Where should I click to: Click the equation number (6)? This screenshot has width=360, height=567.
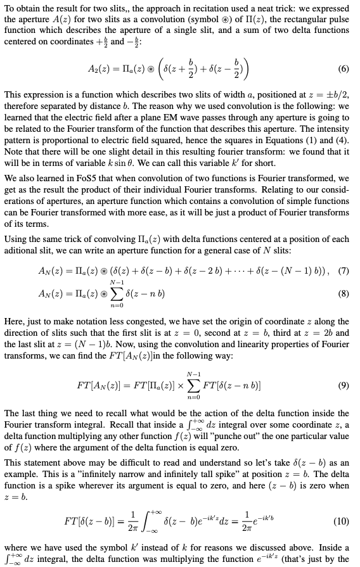tap(344, 68)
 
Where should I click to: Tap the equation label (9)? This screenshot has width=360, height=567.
tap(344, 385)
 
